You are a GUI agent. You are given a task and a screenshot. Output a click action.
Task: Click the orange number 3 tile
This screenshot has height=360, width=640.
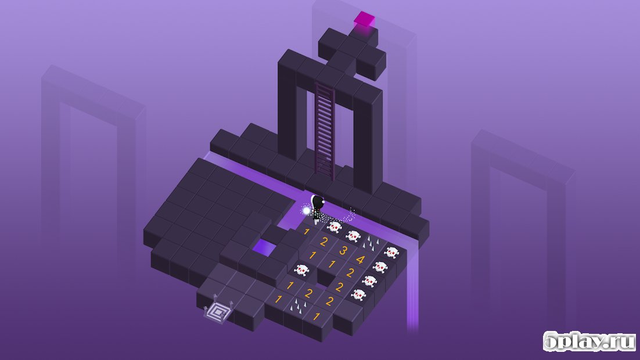[343, 251]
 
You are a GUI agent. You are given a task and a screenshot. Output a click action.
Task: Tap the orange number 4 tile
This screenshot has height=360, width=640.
[360, 260]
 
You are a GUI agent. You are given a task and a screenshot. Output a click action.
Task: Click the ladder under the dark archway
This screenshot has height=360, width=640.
[325, 130]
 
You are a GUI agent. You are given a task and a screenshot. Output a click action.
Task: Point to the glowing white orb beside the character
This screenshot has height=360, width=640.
[306, 211]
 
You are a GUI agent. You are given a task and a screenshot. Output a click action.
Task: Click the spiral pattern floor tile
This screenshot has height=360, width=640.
[220, 313]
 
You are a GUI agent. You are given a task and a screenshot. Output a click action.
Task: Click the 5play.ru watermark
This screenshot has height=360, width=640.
[589, 341]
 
